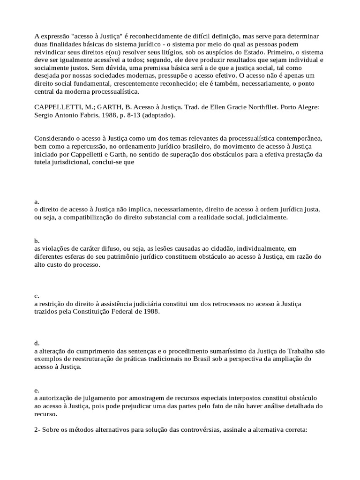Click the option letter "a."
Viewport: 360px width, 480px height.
37,202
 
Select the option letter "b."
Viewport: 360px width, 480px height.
37,240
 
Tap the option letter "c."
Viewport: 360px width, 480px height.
37,296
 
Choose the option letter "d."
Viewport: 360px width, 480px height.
37,343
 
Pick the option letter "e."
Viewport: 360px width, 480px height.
37,390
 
